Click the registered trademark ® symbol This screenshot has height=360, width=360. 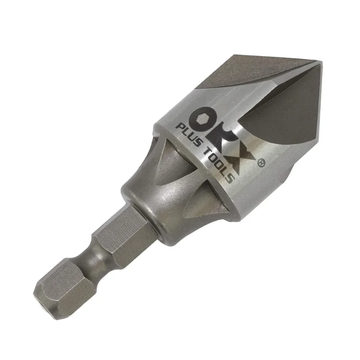click(261, 163)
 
